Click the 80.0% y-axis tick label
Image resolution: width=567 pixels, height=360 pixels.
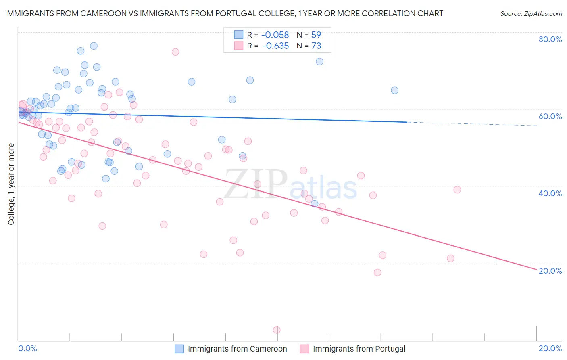550,39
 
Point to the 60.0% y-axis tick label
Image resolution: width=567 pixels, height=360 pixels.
550,116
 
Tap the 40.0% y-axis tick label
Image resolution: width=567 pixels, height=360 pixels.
550,193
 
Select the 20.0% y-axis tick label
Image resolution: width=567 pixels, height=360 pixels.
550,271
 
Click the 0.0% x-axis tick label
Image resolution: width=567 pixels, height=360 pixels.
28,348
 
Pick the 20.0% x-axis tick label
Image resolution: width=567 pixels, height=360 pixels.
550,348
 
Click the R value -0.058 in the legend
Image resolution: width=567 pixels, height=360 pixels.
275,35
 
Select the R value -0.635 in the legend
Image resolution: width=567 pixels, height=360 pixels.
275,46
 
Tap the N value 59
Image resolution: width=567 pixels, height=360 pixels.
316,35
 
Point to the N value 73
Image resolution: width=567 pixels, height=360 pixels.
316,46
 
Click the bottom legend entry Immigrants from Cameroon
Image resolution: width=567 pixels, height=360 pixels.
237,349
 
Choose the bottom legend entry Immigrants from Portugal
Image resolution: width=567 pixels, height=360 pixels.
359,349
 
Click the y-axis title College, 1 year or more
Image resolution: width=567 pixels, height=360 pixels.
11,184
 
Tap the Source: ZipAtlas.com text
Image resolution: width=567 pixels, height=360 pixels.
531,14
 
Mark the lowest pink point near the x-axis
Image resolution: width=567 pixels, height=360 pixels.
277,330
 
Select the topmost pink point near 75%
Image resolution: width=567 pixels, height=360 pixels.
175,52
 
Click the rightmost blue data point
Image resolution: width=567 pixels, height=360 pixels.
395,90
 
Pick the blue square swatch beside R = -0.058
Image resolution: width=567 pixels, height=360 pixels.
239,35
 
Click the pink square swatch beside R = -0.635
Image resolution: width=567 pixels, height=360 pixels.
239,46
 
